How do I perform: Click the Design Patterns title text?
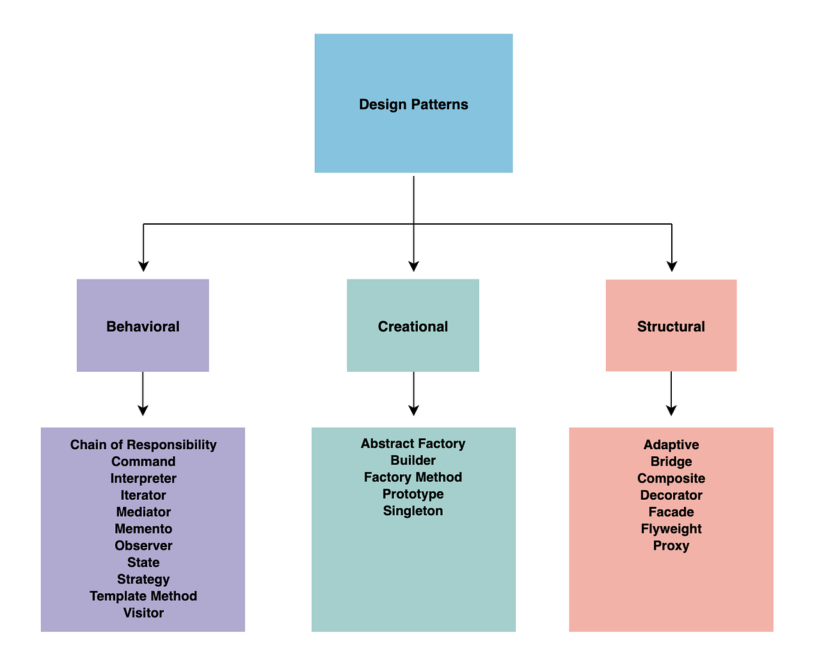coord(413,104)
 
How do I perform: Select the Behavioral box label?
coord(143,326)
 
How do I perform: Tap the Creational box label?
coord(413,326)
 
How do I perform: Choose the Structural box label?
coord(671,326)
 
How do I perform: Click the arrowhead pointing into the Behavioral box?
coord(143,266)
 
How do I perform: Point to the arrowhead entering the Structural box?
coord(672,266)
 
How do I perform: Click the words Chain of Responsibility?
coord(143,445)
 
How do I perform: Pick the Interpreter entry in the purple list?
coord(143,479)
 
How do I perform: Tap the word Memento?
coord(143,529)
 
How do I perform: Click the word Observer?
coord(143,546)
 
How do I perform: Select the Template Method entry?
coord(143,596)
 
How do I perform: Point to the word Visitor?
coord(143,613)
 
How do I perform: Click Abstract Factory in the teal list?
coord(413,443)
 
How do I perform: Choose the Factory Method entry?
coord(413,477)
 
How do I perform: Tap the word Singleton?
coord(413,511)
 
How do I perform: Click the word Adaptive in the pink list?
coord(671,445)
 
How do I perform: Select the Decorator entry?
coord(671,495)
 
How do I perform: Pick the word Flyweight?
coord(671,529)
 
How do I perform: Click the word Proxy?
coord(671,546)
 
